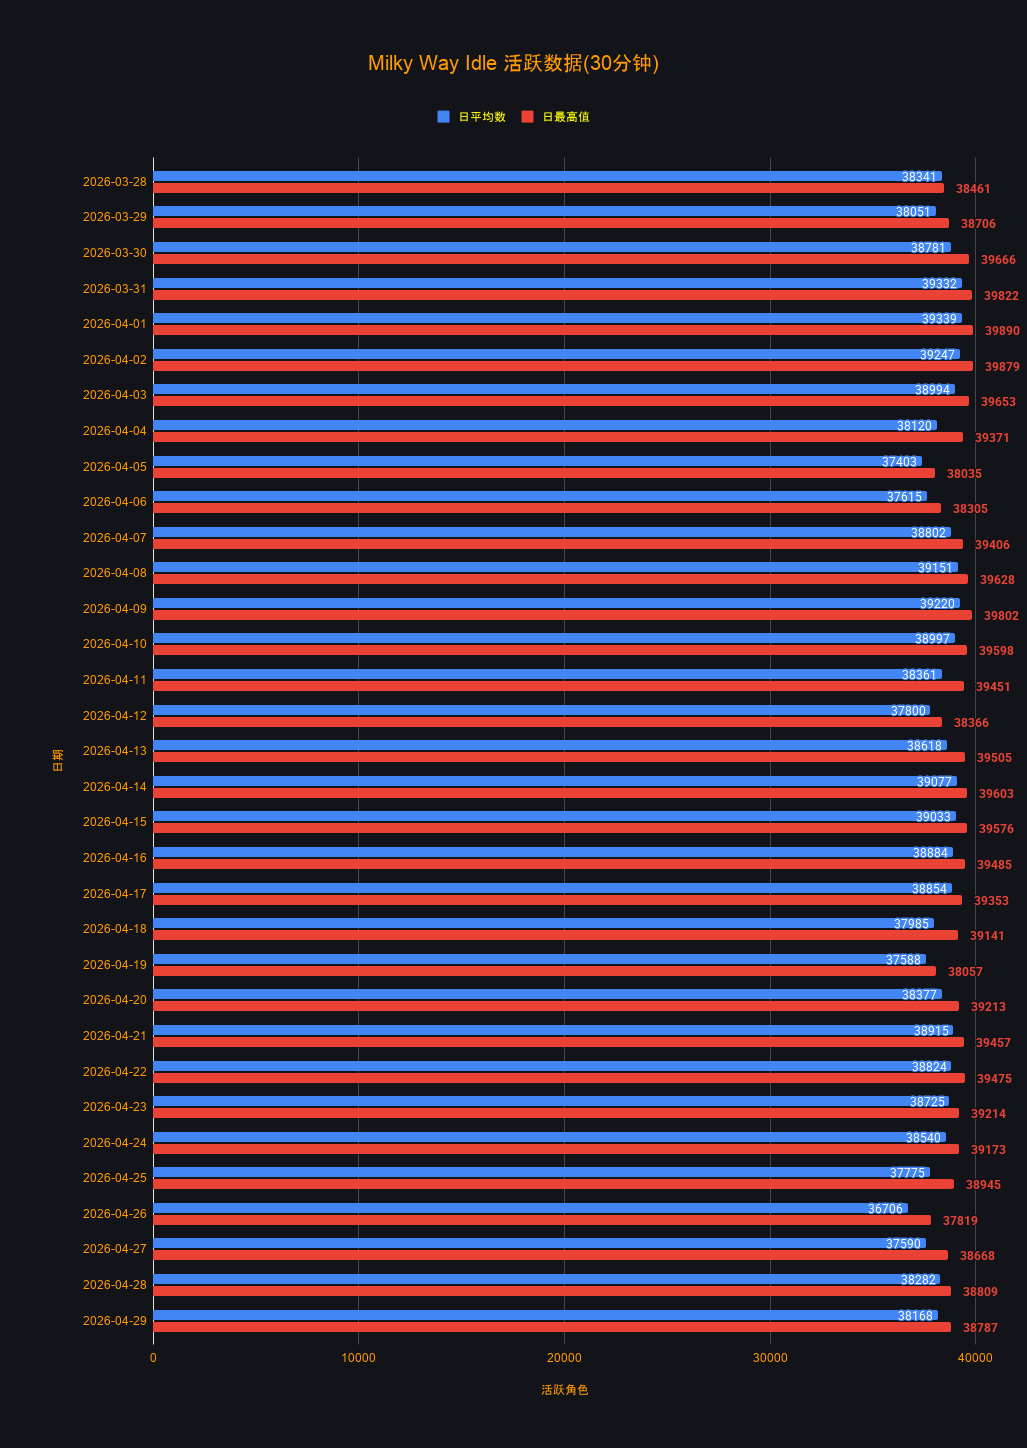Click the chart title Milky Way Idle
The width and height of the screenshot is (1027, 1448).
pyautogui.click(x=513, y=63)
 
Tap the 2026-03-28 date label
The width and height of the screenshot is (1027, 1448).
pyautogui.click(x=115, y=182)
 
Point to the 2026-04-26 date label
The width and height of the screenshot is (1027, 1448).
pyautogui.click(x=115, y=1214)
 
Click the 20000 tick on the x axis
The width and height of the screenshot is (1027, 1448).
pyautogui.click(x=564, y=1358)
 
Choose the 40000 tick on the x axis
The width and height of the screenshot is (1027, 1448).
pyautogui.click(x=975, y=1358)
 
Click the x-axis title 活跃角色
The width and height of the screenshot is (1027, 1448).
pyautogui.click(x=564, y=1390)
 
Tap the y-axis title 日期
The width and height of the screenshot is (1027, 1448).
pyautogui.click(x=58, y=760)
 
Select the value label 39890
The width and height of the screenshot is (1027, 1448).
pyautogui.click(x=1002, y=331)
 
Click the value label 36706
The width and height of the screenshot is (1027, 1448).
pyautogui.click(x=885, y=1209)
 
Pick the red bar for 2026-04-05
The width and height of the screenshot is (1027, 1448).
pyautogui.click(x=544, y=473)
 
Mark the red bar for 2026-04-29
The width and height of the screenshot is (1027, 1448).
pyautogui.click(x=552, y=1327)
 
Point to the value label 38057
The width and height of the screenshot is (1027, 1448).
pyautogui.click(x=965, y=972)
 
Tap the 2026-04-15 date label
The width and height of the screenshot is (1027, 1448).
pyautogui.click(x=115, y=822)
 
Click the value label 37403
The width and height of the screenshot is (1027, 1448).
pyautogui.click(x=899, y=462)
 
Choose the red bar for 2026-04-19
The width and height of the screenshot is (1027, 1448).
pyautogui.click(x=544, y=971)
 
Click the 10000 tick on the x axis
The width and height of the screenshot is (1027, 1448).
pyautogui.click(x=359, y=1358)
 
